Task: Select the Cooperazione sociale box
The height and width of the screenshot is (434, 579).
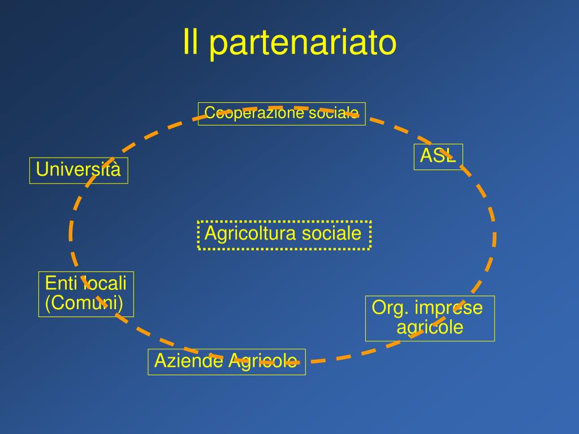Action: (x=282, y=114)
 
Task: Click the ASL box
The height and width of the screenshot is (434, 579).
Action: (x=438, y=157)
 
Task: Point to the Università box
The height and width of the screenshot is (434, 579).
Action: (x=79, y=170)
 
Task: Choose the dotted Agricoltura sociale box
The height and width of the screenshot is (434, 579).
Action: (x=284, y=235)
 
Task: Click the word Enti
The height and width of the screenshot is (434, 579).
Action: (x=59, y=283)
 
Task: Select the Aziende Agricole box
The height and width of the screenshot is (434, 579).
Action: (x=226, y=362)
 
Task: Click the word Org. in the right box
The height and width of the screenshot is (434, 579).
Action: (x=390, y=309)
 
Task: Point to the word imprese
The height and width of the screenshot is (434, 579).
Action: (x=448, y=309)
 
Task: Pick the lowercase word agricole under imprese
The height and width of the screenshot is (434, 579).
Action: (x=430, y=328)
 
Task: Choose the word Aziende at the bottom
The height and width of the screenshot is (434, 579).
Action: (x=188, y=361)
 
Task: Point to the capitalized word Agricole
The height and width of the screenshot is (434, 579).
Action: (x=262, y=361)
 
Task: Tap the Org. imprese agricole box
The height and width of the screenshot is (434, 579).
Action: (x=430, y=319)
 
